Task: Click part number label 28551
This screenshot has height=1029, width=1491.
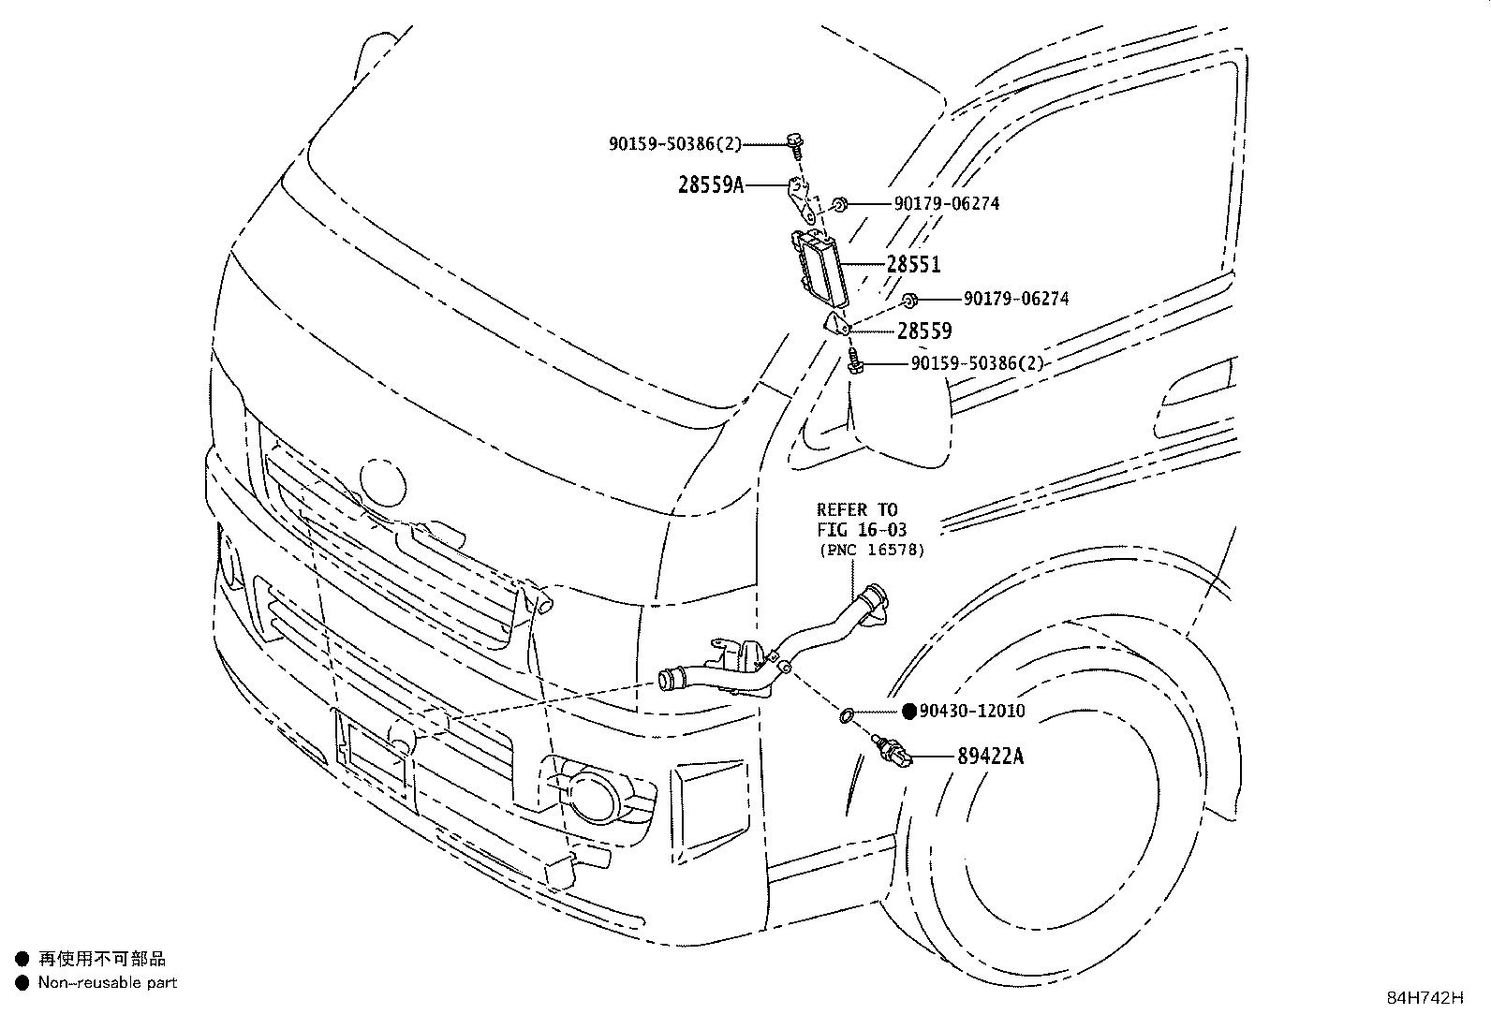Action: [x=913, y=265]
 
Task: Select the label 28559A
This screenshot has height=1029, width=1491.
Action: [x=710, y=184]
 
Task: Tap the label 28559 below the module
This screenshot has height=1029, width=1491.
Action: [x=924, y=331]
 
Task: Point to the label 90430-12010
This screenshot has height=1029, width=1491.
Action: [x=972, y=712]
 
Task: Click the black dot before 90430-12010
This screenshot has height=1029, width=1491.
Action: [x=908, y=712]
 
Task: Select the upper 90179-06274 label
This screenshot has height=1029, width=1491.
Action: [x=946, y=203]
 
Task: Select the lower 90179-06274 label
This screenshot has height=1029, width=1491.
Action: [x=1016, y=300]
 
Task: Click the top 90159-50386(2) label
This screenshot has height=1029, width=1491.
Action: [x=674, y=143]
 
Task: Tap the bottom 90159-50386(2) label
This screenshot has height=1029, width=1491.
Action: [x=977, y=363]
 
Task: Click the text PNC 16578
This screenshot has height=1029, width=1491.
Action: [x=872, y=551]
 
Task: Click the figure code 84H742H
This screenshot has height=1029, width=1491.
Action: [x=1425, y=998]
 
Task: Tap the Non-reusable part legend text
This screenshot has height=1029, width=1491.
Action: [x=107, y=983]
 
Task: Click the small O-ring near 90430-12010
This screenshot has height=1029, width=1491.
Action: [x=845, y=716]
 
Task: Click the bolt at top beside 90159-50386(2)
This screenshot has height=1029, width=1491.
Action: [x=795, y=145]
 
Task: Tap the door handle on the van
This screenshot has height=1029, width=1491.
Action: [x=1196, y=389]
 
